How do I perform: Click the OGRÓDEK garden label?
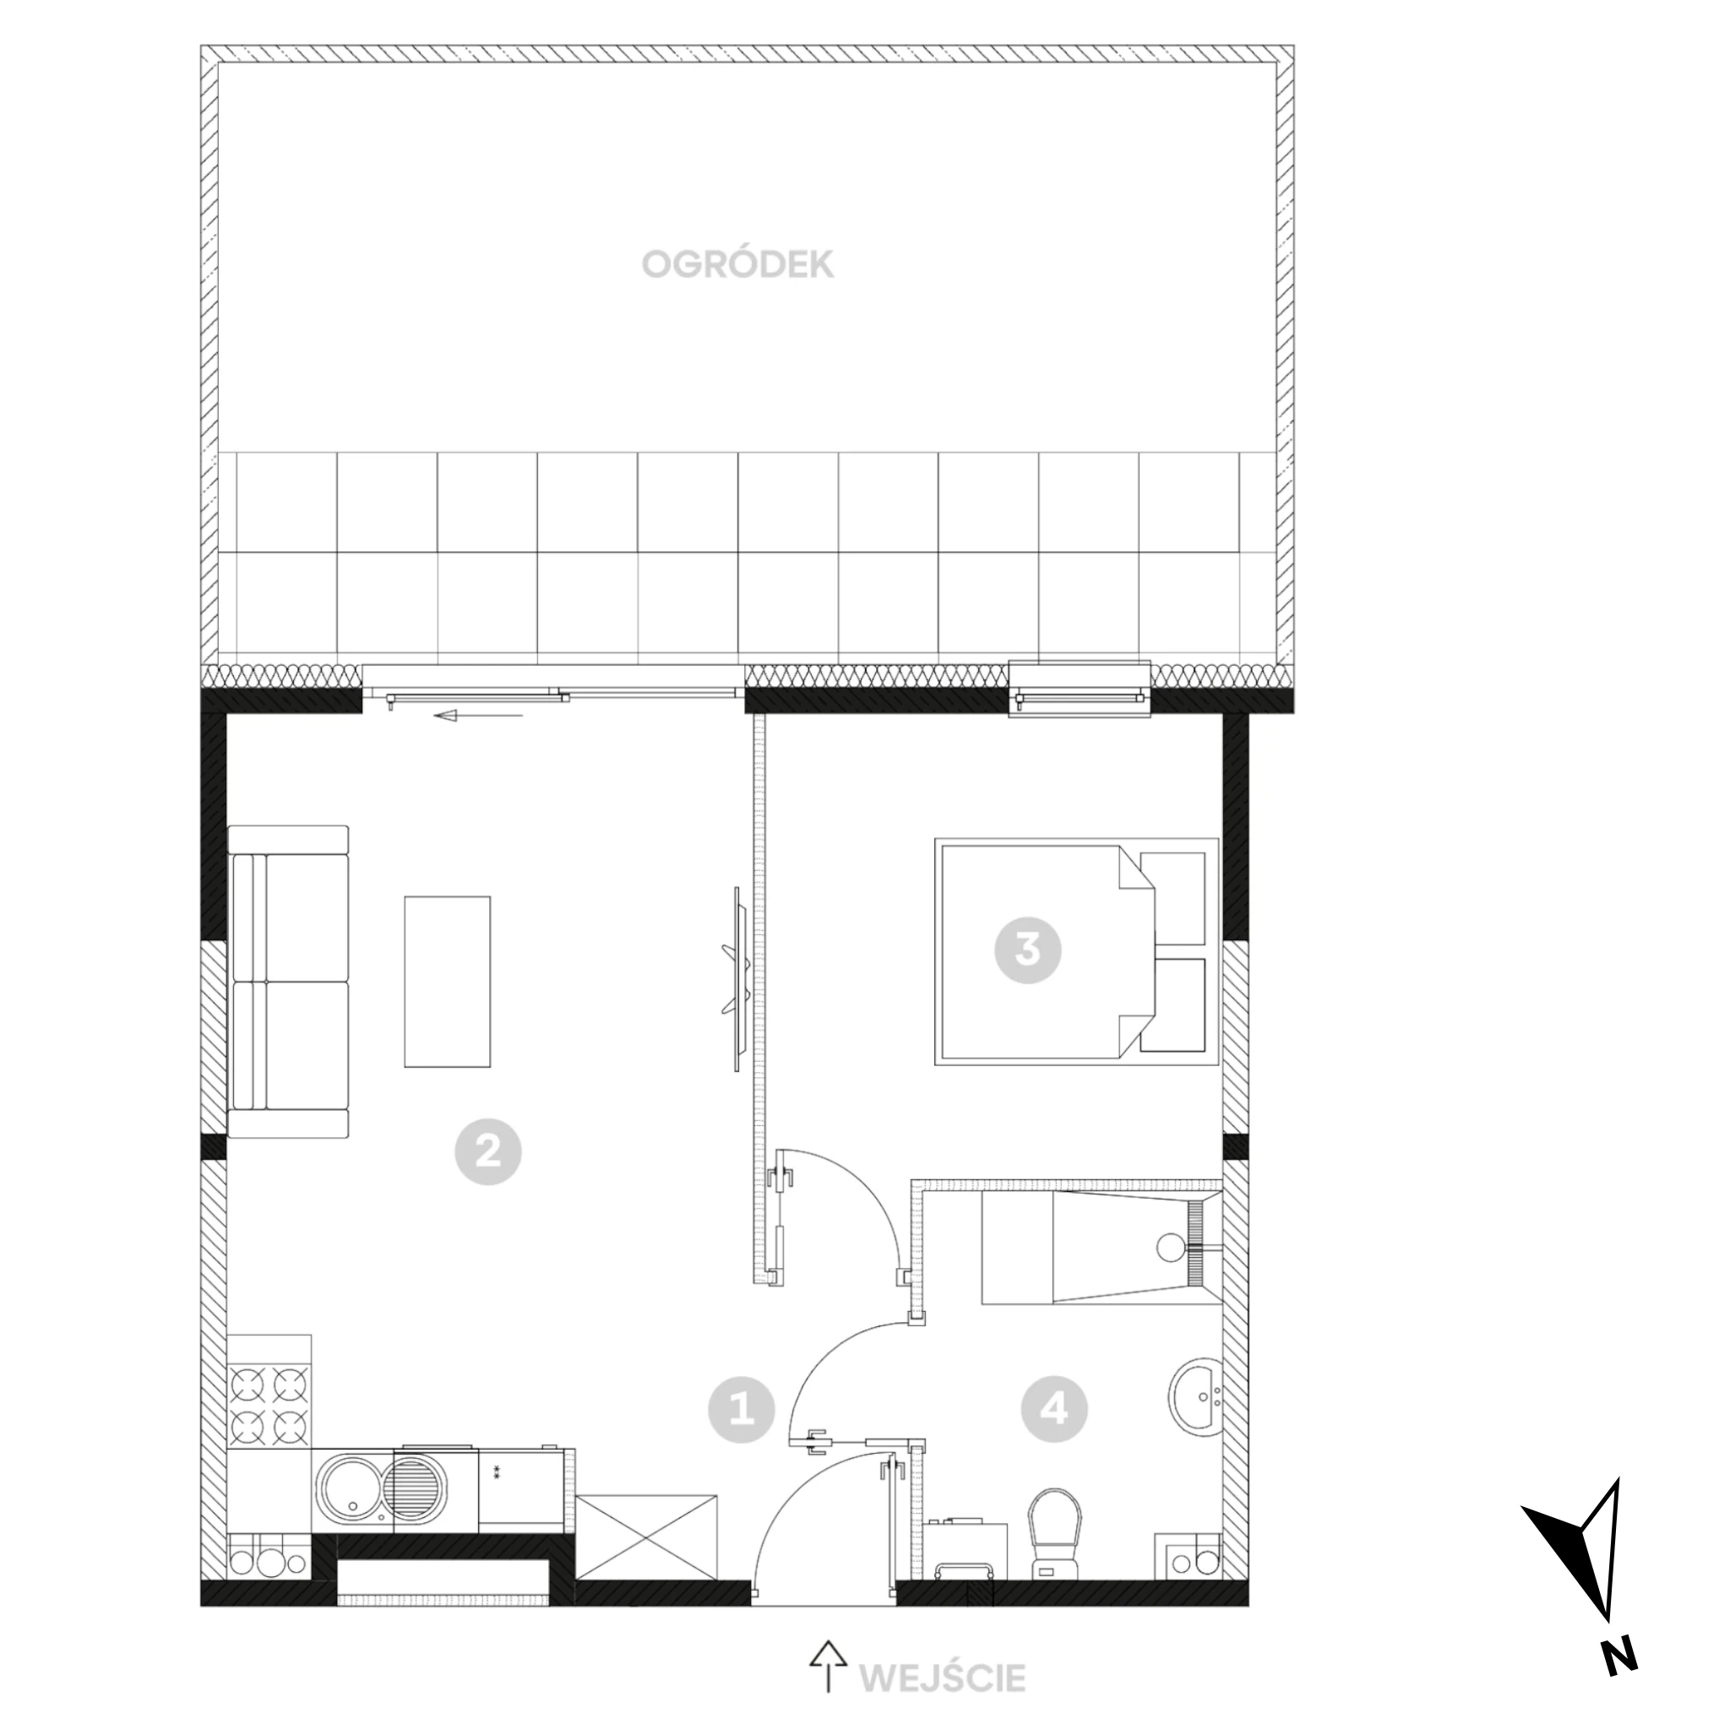pos(737,264)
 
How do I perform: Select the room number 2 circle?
pos(488,1152)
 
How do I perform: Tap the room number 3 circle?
pos(1028,950)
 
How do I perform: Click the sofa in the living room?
pos(288,982)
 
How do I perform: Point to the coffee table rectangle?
pos(448,982)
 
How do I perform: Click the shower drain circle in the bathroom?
pos(1169,1247)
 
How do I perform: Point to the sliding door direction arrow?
pos(478,715)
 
